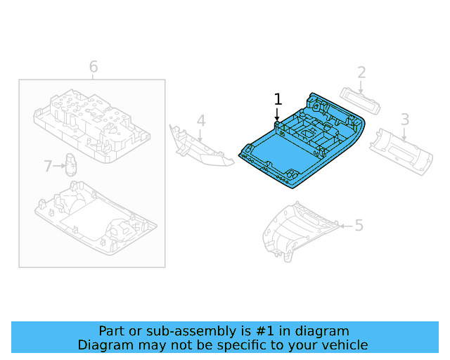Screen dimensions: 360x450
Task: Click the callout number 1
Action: [278, 99]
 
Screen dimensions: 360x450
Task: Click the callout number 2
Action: [361, 72]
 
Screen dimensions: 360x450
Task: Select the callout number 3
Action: [405, 119]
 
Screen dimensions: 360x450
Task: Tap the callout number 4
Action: [200, 121]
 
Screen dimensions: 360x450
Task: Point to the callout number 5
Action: [359, 225]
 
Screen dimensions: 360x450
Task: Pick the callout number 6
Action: [93, 67]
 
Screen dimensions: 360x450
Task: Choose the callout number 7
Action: [48, 167]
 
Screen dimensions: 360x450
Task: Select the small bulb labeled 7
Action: [72, 163]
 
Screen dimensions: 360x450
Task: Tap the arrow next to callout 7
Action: [59, 167]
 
